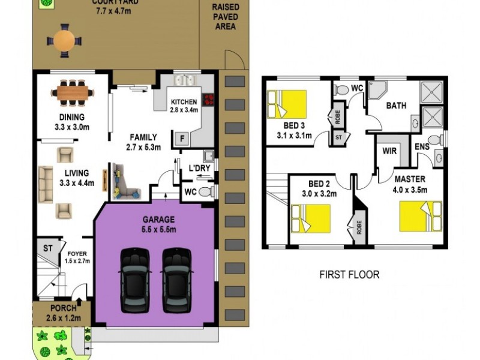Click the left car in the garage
[x=135, y=280]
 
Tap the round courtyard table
[x=64, y=40]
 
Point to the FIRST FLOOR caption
[x=349, y=275]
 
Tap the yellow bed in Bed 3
[x=287, y=105]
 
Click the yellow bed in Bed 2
[x=310, y=218]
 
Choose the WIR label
[x=389, y=151]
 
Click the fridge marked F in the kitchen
[x=180, y=139]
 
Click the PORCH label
[x=63, y=308]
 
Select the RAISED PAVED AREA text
[x=225, y=17]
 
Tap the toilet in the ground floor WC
[x=206, y=192]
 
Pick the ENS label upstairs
[x=422, y=147]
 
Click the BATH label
[x=395, y=106]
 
